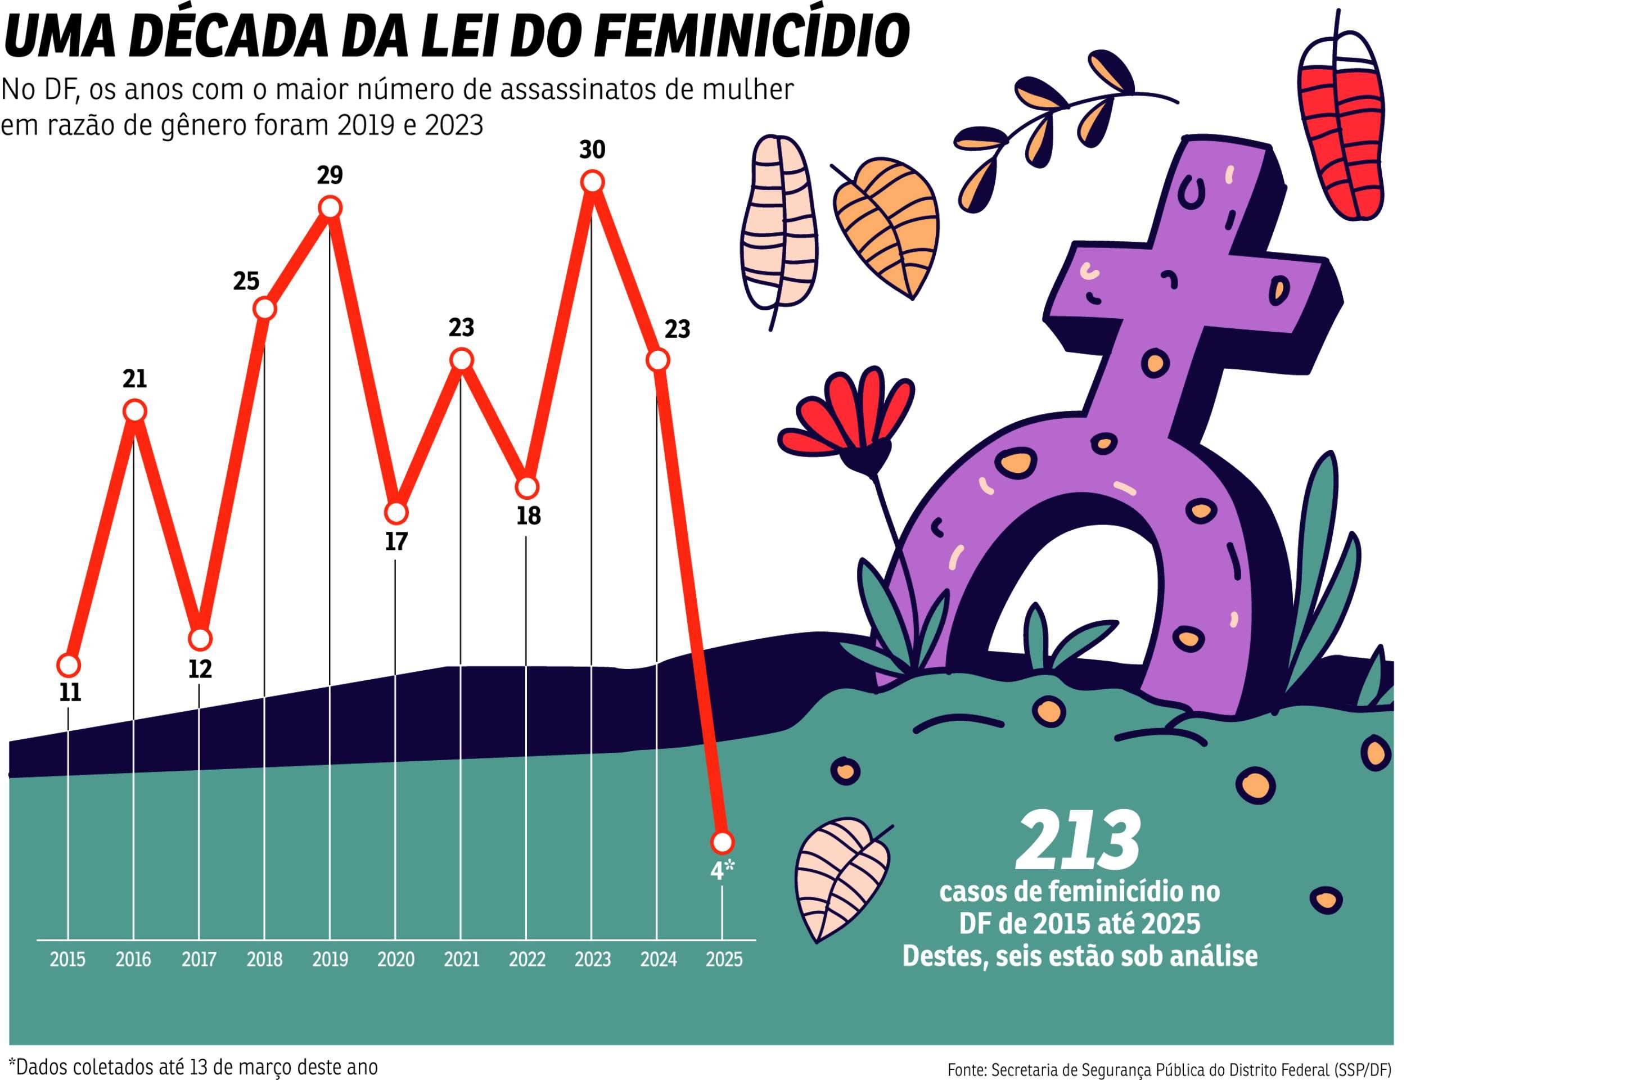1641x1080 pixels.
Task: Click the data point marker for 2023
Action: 592,182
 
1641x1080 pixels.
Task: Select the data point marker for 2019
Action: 330,207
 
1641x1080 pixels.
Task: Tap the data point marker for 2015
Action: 67,665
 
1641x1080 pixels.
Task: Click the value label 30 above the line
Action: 592,150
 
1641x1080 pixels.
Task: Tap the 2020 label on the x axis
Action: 396,959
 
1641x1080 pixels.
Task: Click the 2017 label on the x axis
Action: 199,959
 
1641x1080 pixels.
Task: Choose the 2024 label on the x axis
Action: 658,959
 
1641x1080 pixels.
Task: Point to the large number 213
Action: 1079,842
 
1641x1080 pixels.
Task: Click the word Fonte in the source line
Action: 967,1070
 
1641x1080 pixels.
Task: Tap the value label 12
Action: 199,669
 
